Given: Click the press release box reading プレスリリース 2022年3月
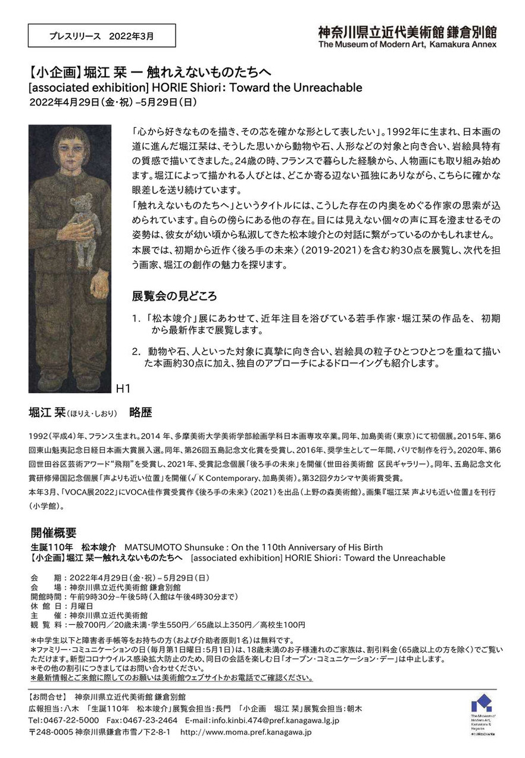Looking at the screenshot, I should pos(102,36).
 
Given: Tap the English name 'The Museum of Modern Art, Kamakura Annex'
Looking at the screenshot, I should pos(407,44).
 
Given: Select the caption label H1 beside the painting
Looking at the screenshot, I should pos(123,389).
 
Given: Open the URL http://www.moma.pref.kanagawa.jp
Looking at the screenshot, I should pos(246,731).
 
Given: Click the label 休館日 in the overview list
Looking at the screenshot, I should pos(45,606).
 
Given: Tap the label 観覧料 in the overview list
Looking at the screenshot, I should pos(45,625).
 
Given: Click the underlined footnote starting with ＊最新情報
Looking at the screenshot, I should pos(171,678).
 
